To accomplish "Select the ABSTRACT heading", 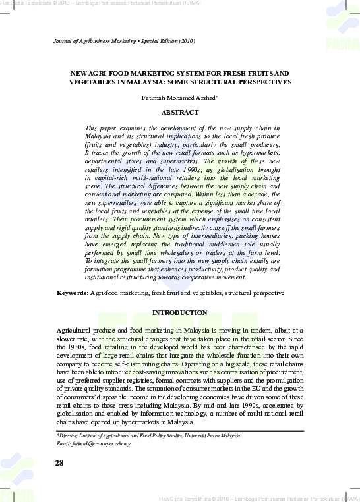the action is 180,112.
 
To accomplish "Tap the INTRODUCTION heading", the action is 180,312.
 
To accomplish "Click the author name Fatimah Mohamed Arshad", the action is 179,98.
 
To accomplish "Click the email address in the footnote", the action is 94,444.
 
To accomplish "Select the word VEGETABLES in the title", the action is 92,82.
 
